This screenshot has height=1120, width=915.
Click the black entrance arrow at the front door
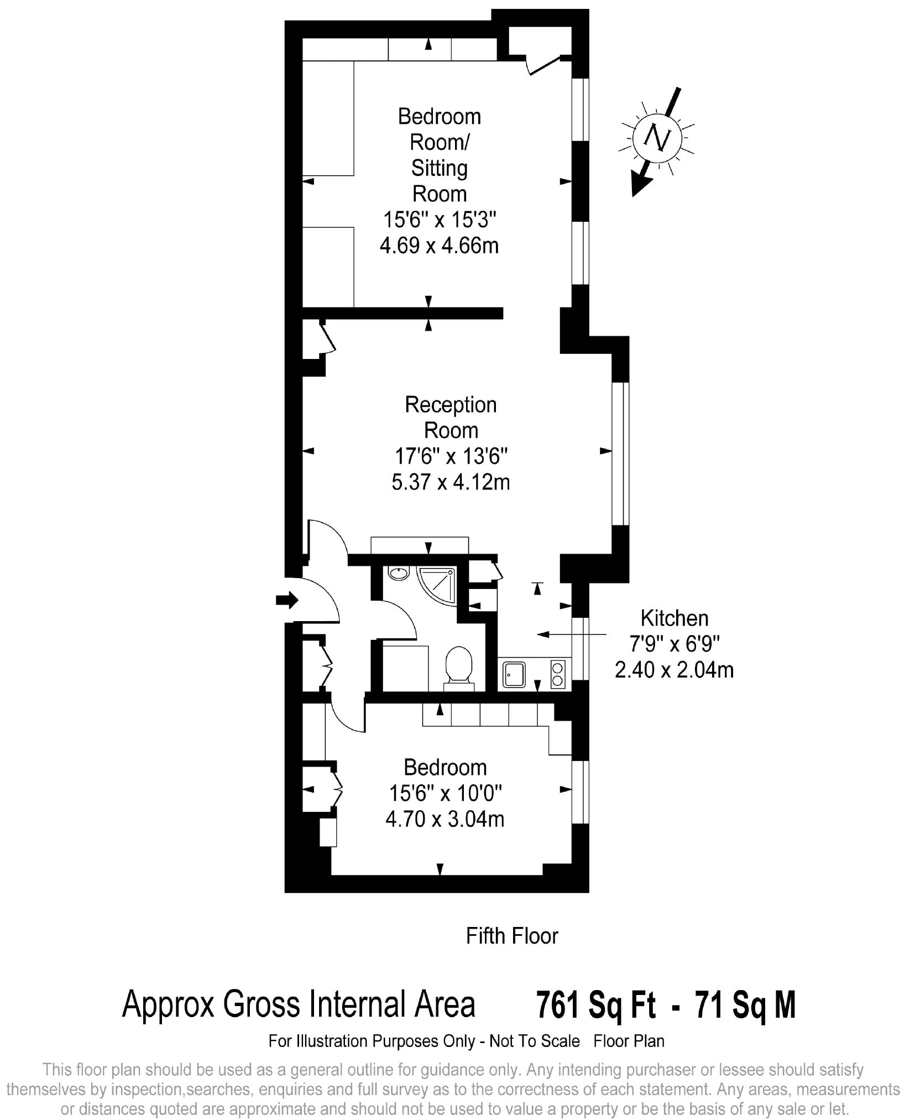point(287,600)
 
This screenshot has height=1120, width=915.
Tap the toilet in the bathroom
point(458,668)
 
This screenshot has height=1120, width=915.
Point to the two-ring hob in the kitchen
point(557,674)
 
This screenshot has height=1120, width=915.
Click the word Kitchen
point(674,618)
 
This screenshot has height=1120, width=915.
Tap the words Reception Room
point(451,418)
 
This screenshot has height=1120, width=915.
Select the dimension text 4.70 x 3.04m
point(445,819)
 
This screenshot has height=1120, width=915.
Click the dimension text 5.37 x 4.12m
point(451,483)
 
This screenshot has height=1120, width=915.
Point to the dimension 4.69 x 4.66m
point(440,245)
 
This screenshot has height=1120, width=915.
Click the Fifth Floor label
point(512,936)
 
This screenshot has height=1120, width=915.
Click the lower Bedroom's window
point(579,792)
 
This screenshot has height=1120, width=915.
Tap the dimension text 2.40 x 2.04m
point(674,670)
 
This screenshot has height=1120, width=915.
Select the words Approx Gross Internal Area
point(299,1004)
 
